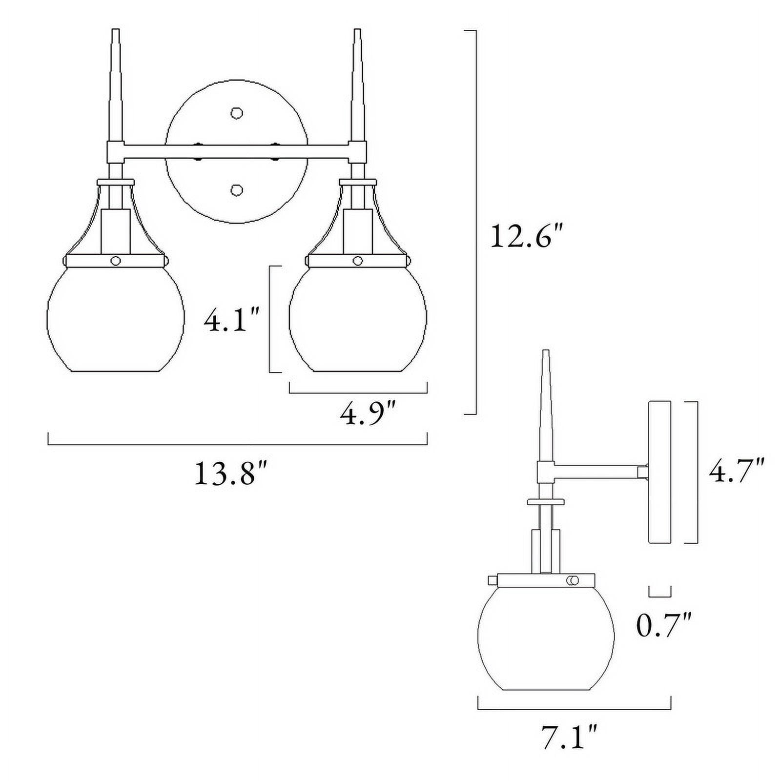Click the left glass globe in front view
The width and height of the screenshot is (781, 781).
pyautogui.click(x=115, y=319)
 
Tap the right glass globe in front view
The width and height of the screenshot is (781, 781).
pyautogui.click(x=358, y=319)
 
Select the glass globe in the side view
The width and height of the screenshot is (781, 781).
pyautogui.click(x=546, y=637)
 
